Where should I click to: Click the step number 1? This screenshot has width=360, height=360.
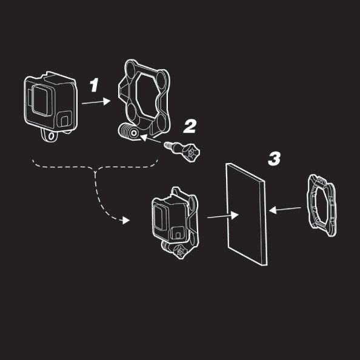pos(94,85)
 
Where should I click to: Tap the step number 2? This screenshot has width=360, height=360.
pos(190,126)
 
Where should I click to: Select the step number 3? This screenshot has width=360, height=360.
pos(274,159)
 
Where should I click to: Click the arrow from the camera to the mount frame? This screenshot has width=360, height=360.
pos(96,102)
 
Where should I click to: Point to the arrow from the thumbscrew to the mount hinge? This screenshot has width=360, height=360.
pos(151,139)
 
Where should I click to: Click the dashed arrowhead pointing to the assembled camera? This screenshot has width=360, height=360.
pos(126,221)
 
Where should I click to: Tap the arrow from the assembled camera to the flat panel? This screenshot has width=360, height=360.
pos(223,216)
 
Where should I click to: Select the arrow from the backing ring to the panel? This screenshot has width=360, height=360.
pos(285,209)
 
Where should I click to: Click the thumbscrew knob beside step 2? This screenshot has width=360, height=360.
pos(192,152)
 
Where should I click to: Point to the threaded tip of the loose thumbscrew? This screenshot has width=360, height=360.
pos(168,145)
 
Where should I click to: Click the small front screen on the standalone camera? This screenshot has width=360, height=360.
pos(64,119)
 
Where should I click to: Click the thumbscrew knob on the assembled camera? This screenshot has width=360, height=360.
pos(181,252)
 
